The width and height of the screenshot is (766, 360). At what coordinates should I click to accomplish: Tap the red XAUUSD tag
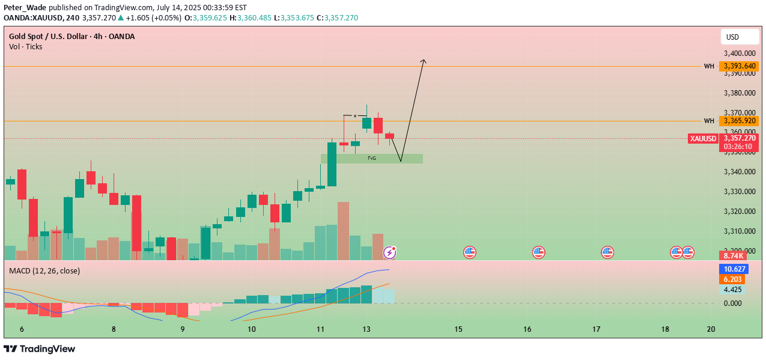pyautogui.click(x=703, y=139)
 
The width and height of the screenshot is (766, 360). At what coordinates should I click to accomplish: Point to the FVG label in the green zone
pyautogui.click(x=372, y=158)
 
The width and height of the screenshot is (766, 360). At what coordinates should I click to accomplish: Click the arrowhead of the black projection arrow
pyautogui.click(x=424, y=60)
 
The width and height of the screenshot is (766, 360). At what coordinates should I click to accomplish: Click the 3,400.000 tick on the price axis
pyautogui.click(x=740, y=53)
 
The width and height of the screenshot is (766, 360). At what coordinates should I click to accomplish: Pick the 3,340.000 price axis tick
pyautogui.click(x=740, y=172)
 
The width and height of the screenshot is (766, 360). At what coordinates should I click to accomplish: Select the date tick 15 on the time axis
pyautogui.click(x=458, y=329)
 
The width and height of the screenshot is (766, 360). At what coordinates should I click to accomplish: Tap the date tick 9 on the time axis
pyautogui.click(x=183, y=329)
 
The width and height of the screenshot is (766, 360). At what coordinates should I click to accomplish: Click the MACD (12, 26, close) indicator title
pyautogui.click(x=44, y=271)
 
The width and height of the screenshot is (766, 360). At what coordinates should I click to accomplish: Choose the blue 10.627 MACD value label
pyautogui.click(x=735, y=269)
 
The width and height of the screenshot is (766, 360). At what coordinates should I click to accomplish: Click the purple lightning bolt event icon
pyautogui.click(x=389, y=252)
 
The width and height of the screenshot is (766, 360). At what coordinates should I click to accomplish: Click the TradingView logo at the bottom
pyautogui.click(x=40, y=349)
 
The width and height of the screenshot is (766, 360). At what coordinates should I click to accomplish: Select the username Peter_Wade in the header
pyautogui.click(x=25, y=7)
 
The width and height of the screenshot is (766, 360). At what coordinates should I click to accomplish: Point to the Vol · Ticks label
pyautogui.click(x=26, y=46)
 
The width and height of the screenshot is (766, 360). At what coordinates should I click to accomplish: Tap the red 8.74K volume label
pyautogui.click(x=734, y=255)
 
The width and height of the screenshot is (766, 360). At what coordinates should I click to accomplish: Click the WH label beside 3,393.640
pyautogui.click(x=709, y=66)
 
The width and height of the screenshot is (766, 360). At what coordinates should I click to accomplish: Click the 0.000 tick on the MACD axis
pyautogui.click(x=733, y=303)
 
